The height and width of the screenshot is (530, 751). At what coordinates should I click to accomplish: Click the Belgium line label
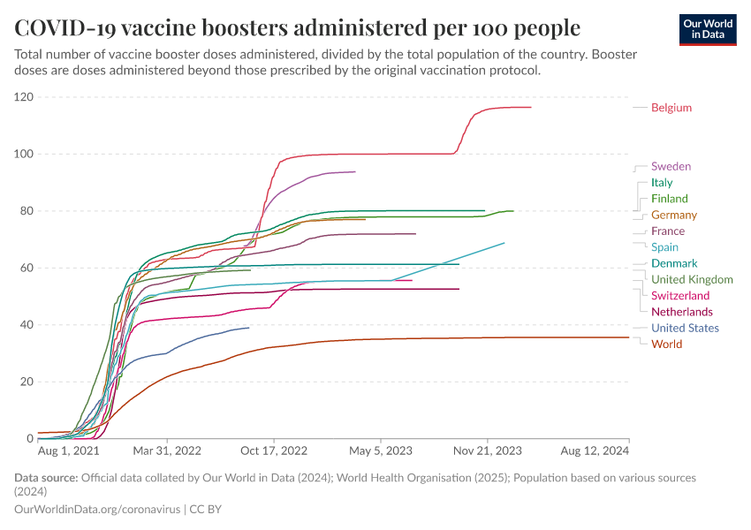(x=671, y=108)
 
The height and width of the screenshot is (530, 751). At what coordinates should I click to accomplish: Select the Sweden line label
(x=671, y=166)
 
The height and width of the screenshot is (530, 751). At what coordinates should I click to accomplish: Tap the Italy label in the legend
(x=662, y=183)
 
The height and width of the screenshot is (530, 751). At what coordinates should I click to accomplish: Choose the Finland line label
(x=669, y=199)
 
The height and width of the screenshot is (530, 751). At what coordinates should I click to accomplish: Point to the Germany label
(x=674, y=215)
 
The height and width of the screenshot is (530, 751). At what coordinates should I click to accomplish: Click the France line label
(x=668, y=231)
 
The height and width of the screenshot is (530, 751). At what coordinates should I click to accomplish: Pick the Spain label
(x=665, y=247)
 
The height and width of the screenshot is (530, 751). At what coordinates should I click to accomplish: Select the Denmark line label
(x=674, y=263)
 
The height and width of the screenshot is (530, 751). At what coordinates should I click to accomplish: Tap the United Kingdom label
(x=692, y=279)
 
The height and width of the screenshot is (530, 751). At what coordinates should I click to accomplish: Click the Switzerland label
(x=680, y=296)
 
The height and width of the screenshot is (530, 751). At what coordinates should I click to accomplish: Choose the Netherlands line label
(x=682, y=312)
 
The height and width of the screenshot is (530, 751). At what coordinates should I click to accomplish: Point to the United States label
(x=686, y=328)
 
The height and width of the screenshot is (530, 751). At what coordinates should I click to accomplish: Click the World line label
(x=666, y=344)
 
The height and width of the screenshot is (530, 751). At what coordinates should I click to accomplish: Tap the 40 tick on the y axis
(x=27, y=325)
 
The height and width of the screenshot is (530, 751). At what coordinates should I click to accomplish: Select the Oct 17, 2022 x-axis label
(x=275, y=450)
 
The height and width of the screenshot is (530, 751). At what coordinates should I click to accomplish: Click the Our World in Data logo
(x=708, y=29)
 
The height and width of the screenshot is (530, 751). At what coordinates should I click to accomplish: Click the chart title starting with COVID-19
(x=298, y=27)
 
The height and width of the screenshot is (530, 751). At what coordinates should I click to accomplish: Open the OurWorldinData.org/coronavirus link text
(x=98, y=510)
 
